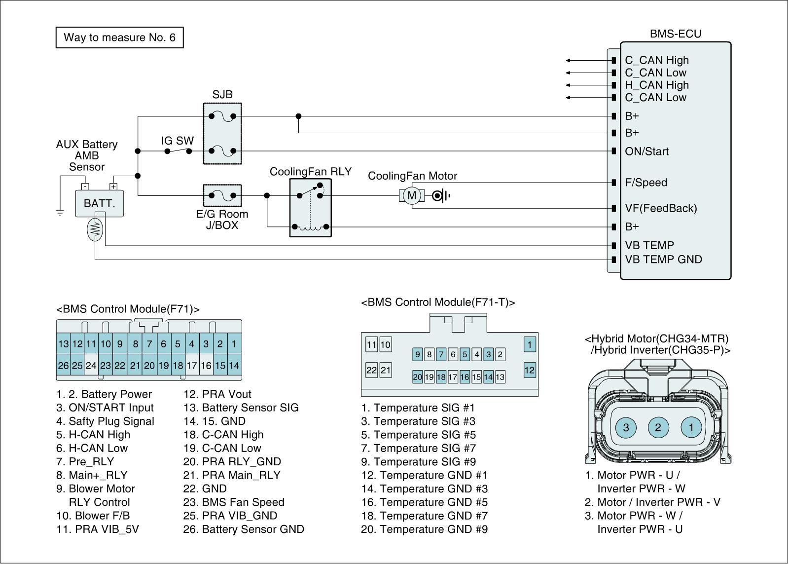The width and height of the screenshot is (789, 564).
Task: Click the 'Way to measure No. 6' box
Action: point(119,38)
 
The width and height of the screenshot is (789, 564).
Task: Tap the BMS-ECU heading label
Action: point(675,34)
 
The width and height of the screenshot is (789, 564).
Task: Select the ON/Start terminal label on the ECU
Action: point(646,151)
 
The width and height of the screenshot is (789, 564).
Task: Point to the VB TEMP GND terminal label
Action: point(663,260)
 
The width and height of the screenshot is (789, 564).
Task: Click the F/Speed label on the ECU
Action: point(646,182)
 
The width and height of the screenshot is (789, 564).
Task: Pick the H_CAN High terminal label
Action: point(656,85)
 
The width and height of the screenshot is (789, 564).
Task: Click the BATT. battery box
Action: point(99,203)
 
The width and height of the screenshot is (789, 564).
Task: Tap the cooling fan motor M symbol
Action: point(411,195)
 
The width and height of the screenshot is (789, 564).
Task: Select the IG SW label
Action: point(177,141)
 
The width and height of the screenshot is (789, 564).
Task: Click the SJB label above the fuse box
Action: point(222,94)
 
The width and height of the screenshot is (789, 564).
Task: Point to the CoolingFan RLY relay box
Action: point(310,208)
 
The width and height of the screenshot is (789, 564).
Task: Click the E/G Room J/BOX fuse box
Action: point(222,195)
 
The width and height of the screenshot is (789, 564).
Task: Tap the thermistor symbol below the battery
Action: point(95,229)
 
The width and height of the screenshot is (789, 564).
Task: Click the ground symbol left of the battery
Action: point(60,213)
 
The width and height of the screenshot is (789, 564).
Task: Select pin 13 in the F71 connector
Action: point(64,344)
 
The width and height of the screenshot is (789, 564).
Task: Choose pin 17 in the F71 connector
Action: point(192,365)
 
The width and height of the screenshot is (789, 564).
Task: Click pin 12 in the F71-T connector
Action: point(530,370)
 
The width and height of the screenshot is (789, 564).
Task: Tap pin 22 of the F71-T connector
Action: point(372,370)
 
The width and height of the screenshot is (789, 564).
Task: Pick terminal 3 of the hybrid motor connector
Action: point(626,427)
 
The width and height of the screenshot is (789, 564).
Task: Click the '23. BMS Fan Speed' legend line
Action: point(234,502)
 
